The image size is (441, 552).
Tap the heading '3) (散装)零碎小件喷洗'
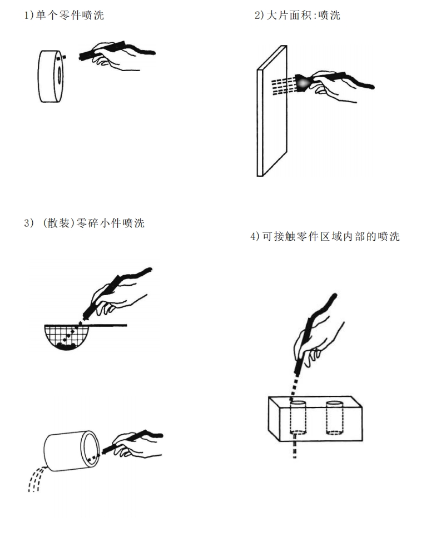[x=84, y=223]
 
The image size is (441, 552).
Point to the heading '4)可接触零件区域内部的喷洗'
[x=325, y=237]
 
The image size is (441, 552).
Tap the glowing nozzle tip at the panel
[x=303, y=82]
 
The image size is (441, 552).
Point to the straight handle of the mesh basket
[x=111, y=325]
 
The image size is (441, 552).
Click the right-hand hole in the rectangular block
[x=334, y=417]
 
